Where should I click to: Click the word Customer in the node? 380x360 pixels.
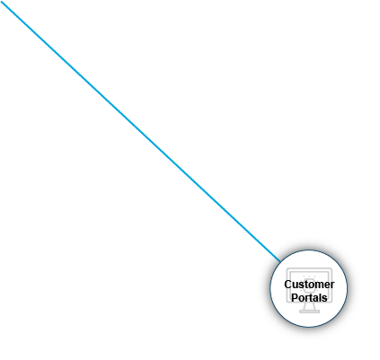point(309,285)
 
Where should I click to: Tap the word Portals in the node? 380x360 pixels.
point(309,297)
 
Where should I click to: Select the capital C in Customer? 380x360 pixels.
point(288,285)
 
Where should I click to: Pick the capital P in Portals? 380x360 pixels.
point(295,297)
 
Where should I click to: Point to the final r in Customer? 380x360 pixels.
point(332,285)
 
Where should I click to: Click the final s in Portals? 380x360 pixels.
point(325,297)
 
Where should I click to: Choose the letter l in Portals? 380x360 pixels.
point(321,297)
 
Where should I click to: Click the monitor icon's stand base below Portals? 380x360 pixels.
point(309,312)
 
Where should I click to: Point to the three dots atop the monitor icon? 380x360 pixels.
point(309,273)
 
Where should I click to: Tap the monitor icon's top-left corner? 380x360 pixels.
point(288,270)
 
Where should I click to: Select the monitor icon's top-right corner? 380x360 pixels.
point(331,270)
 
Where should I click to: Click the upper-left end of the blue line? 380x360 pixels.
point(3,3)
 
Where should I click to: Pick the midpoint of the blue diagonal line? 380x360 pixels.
point(140,130)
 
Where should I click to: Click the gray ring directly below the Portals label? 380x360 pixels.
point(309,332)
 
